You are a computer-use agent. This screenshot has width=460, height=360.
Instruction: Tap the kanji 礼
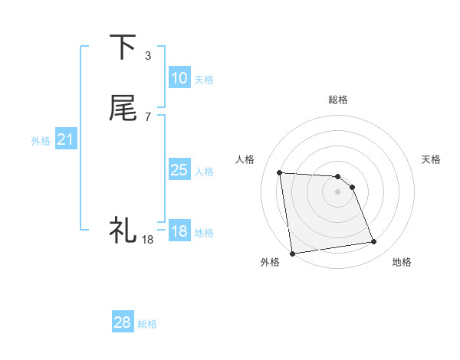click(122, 229)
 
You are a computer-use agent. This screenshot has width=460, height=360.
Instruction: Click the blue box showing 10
click(179, 78)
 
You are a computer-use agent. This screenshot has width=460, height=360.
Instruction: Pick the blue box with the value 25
click(179, 170)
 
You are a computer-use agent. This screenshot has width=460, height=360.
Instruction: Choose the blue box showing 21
click(66, 139)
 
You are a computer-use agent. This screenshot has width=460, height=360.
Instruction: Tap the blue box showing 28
click(123, 322)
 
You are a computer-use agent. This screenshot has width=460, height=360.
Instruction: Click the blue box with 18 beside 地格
click(179, 231)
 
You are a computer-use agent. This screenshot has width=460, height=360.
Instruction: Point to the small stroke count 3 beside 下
click(148, 55)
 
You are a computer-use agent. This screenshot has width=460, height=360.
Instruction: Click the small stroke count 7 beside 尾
click(148, 116)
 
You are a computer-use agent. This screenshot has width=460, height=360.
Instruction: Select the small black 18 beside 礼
click(148, 240)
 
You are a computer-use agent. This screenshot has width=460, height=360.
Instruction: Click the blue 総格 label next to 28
click(148, 324)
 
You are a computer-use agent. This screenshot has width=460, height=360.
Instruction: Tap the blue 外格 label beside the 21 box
click(41, 141)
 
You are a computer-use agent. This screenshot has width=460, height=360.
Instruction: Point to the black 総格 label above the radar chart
click(338, 100)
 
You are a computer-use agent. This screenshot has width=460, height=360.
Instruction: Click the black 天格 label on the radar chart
click(432, 159)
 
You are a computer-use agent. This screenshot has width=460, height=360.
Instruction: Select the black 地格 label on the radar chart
click(402, 262)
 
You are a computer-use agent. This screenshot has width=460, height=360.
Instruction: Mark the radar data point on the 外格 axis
click(292, 253)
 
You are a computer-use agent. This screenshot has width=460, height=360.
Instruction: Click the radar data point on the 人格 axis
click(280, 172)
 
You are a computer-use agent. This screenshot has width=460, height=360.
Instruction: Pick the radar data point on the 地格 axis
click(374, 242)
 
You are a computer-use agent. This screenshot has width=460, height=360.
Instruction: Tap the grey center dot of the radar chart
click(337, 191)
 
